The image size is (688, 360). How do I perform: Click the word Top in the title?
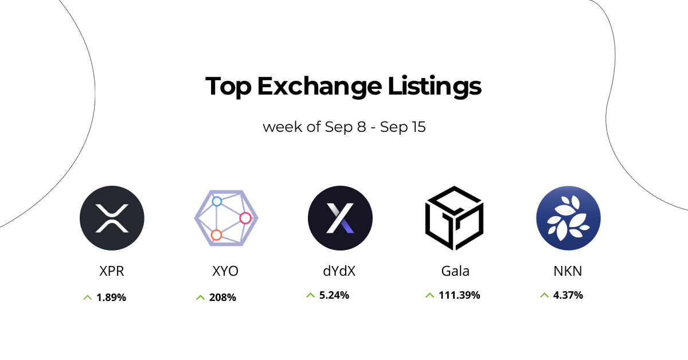tap(228, 87)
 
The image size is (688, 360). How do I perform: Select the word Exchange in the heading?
tap(319, 87)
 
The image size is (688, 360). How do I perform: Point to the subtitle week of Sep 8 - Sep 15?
tap(344, 127)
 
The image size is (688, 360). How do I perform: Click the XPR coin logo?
tap(112, 218)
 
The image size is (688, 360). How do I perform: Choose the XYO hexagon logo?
tap(226, 218)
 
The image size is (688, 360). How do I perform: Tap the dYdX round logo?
tap(340, 218)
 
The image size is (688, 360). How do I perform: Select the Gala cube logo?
tap(454, 218)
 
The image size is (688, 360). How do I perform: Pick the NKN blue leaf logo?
tap(568, 218)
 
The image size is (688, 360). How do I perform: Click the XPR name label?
tap(112, 271)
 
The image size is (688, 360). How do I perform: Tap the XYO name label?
tap(225, 271)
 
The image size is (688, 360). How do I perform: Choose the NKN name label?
tap(568, 271)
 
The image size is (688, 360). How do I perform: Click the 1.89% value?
tap(111, 298)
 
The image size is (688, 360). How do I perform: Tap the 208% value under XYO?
tap(223, 298)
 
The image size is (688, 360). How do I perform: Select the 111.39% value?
tap(459, 295)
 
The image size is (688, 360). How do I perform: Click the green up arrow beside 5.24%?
tap(310, 295)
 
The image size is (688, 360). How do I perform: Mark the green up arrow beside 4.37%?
tap(544, 295)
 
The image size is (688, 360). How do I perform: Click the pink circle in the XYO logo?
tap(245, 218)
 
